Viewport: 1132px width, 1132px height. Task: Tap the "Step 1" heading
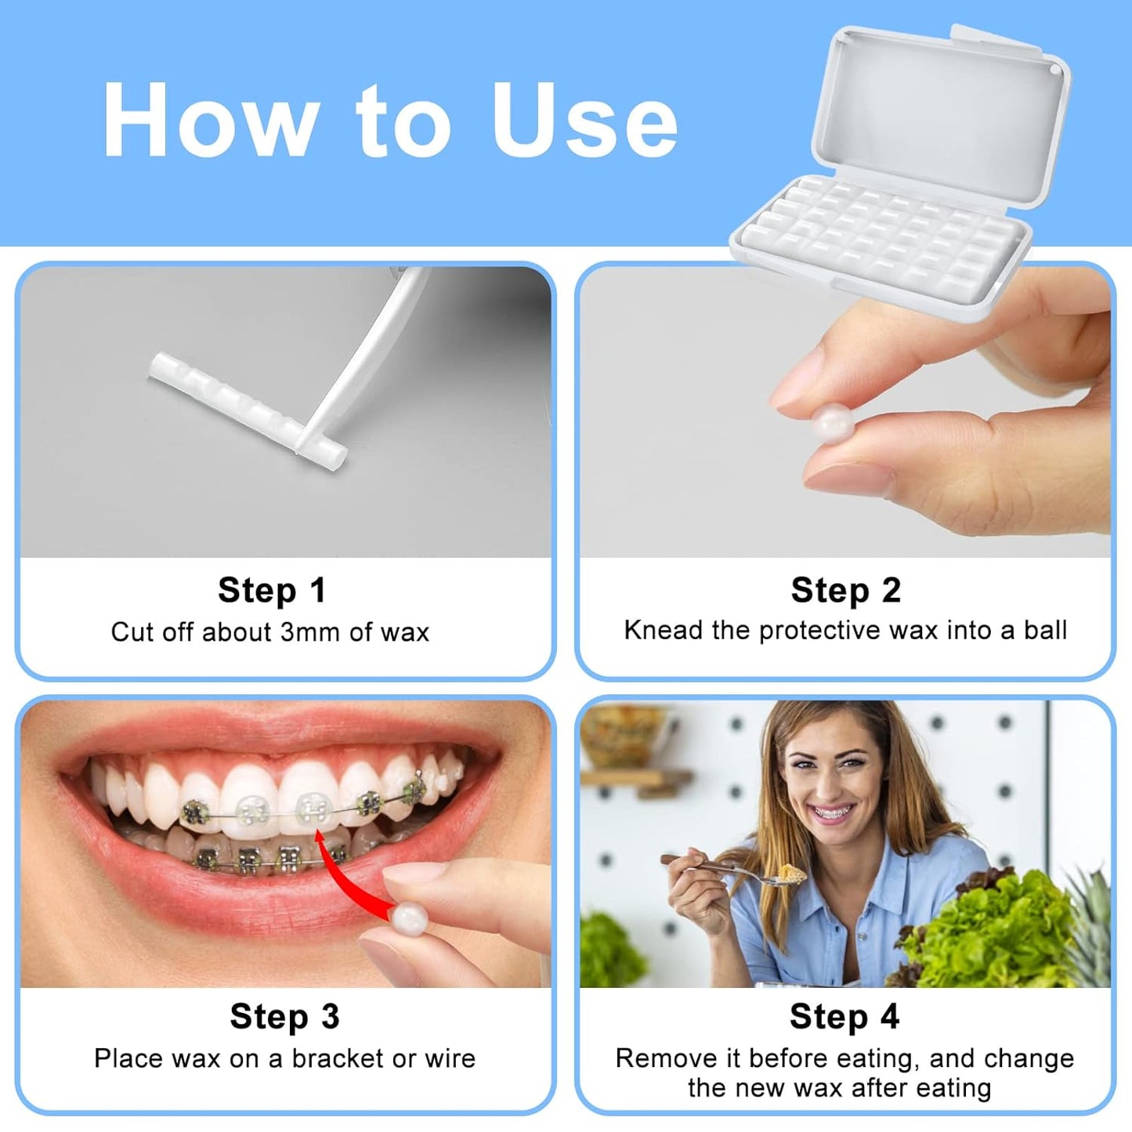pyautogui.click(x=272, y=591)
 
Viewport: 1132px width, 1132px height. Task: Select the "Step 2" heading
pyautogui.click(x=846, y=591)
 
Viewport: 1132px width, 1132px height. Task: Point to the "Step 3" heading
pyautogui.click(x=284, y=1017)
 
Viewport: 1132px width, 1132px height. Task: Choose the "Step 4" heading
pyautogui.click(x=844, y=1017)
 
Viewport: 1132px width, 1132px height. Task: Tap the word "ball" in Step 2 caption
pyautogui.click(x=1045, y=631)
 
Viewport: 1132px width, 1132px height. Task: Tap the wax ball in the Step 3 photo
pyautogui.click(x=410, y=918)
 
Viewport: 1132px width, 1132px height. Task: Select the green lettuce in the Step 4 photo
pyautogui.click(x=995, y=928)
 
